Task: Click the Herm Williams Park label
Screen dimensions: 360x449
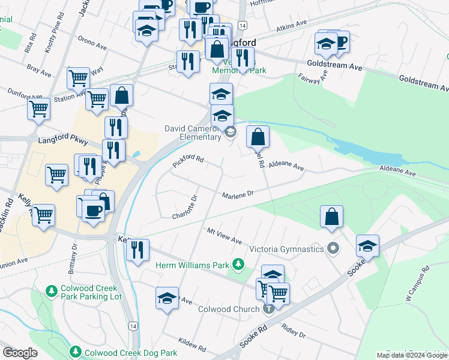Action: point(193,265)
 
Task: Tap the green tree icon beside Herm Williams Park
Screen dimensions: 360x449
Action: point(239,264)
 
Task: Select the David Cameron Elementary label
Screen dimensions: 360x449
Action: point(193,133)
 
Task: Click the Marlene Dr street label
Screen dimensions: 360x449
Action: point(238,195)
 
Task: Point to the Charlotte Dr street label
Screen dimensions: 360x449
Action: point(185,208)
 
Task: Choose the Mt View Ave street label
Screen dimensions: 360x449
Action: point(224,236)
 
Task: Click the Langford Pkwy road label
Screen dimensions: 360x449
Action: point(62,142)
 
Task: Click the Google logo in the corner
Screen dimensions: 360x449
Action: point(20,353)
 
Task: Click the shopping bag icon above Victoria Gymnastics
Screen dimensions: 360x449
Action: point(331,217)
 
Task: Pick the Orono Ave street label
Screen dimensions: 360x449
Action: point(92,44)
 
